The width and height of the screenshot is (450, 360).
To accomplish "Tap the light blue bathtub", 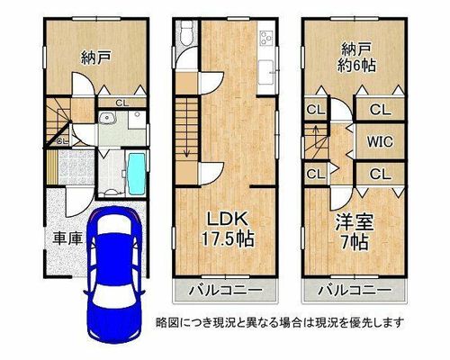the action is click(x=137, y=174).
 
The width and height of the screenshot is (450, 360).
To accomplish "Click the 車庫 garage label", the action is click(x=67, y=238).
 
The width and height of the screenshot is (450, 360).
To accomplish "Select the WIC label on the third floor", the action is click(x=380, y=141).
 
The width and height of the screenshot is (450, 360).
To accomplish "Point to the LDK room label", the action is click(x=228, y=219).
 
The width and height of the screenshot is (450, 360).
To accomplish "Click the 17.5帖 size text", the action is click(x=228, y=238).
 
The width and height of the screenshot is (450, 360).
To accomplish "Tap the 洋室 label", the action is click(x=355, y=222).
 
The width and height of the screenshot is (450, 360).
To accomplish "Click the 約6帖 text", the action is click(x=356, y=66).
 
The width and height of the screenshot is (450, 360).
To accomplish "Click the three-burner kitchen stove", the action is click(x=266, y=38).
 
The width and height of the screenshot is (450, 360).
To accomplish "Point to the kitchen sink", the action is click(x=266, y=72).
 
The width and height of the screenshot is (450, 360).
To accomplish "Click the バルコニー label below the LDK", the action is click(x=226, y=291).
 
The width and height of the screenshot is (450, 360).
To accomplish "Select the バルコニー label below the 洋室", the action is click(x=355, y=291).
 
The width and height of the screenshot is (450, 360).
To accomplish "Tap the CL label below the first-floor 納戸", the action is click(x=122, y=103).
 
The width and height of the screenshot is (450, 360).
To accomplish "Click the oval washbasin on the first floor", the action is click(x=107, y=119).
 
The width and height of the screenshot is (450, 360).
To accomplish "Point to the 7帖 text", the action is click(x=355, y=242).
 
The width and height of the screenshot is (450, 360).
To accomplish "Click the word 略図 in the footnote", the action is click(x=165, y=322).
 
